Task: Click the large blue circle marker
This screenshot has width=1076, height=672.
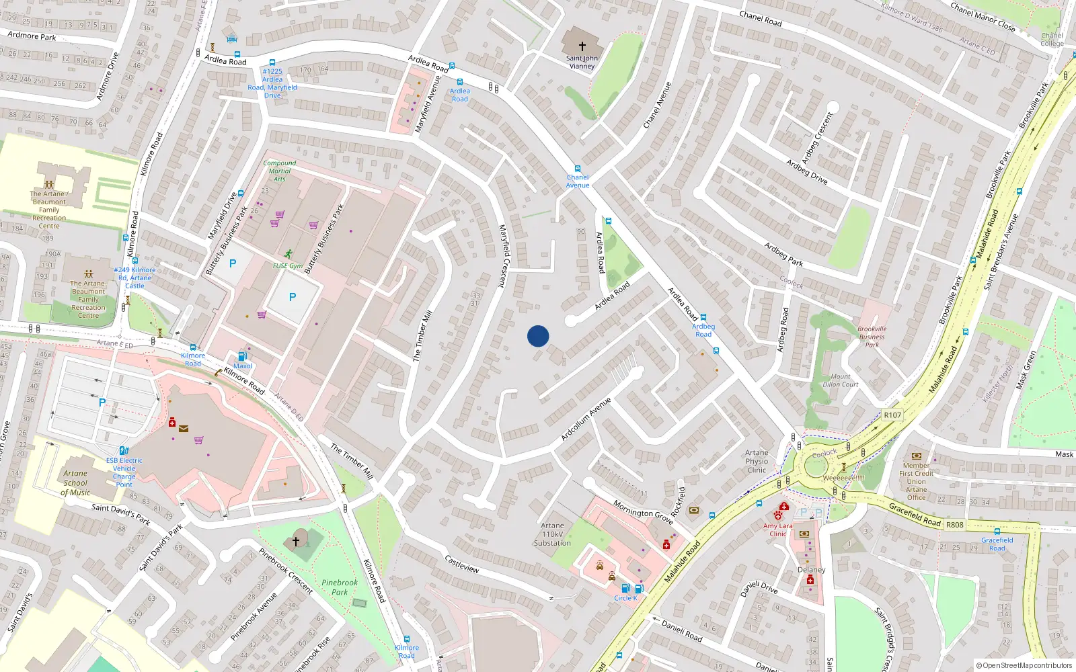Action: tap(538, 336)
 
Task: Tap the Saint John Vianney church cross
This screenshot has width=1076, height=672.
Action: tap(582, 46)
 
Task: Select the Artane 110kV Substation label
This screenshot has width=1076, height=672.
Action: tap(552, 534)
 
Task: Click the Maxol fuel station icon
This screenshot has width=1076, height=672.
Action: tap(243, 356)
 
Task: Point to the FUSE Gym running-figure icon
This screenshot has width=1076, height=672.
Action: tap(289, 254)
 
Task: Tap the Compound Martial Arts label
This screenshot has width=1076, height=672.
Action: tap(280, 171)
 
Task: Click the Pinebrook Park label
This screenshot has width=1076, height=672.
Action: tap(340, 587)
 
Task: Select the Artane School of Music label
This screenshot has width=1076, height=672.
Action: tap(75, 482)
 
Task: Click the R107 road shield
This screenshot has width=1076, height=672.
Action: tap(892, 415)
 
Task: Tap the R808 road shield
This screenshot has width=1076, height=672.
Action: tap(954, 525)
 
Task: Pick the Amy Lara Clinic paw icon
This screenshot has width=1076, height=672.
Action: tap(778, 515)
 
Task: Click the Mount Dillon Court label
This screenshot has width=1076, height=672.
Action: tap(841, 380)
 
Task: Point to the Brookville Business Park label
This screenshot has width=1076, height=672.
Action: tap(872, 337)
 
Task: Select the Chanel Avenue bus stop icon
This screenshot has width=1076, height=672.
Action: tap(577, 169)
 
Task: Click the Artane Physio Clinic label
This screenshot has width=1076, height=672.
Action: tap(757, 461)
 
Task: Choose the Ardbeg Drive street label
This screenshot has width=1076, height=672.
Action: tap(807, 172)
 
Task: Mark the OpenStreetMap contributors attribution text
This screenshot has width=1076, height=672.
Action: tap(1024, 666)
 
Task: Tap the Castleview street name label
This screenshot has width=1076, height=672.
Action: tap(462, 564)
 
